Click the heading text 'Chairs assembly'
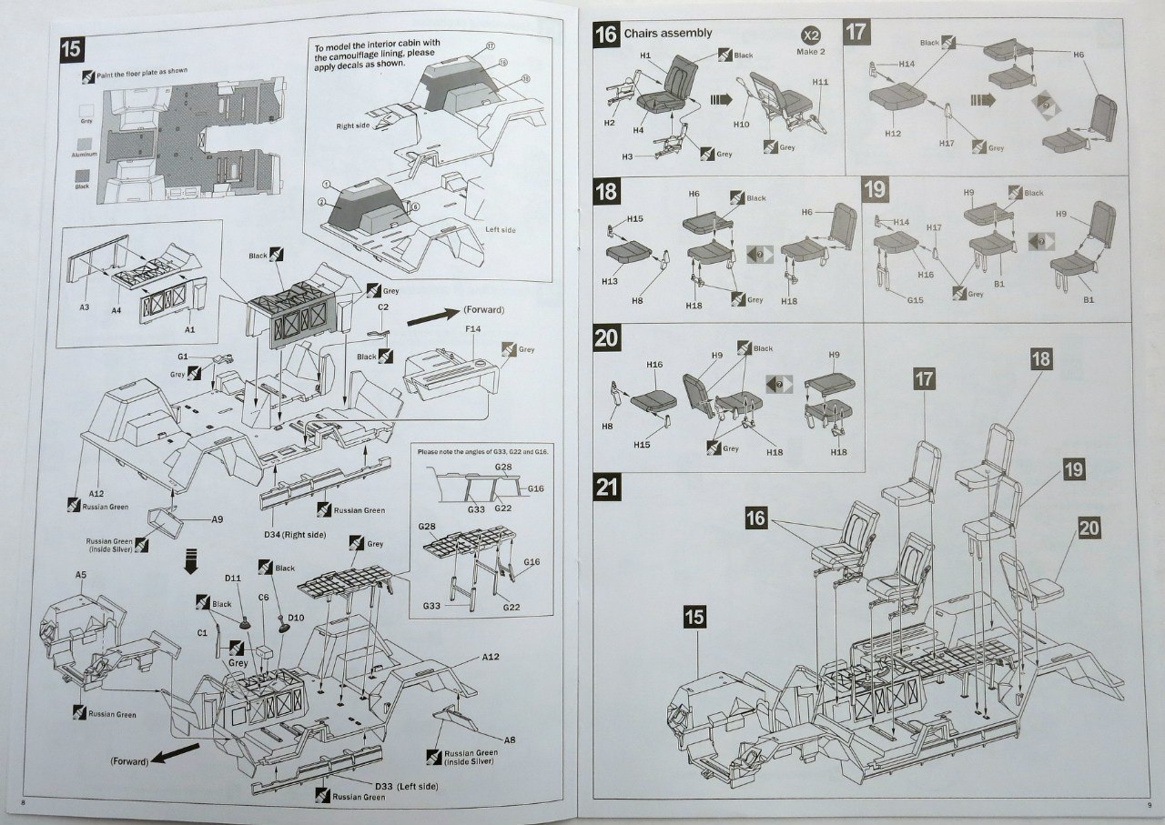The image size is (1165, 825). point(667,34)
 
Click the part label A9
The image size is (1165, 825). point(217,519)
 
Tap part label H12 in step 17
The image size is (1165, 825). point(892,133)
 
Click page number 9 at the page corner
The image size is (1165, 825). point(1149,804)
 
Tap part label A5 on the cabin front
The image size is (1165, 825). point(81,575)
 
